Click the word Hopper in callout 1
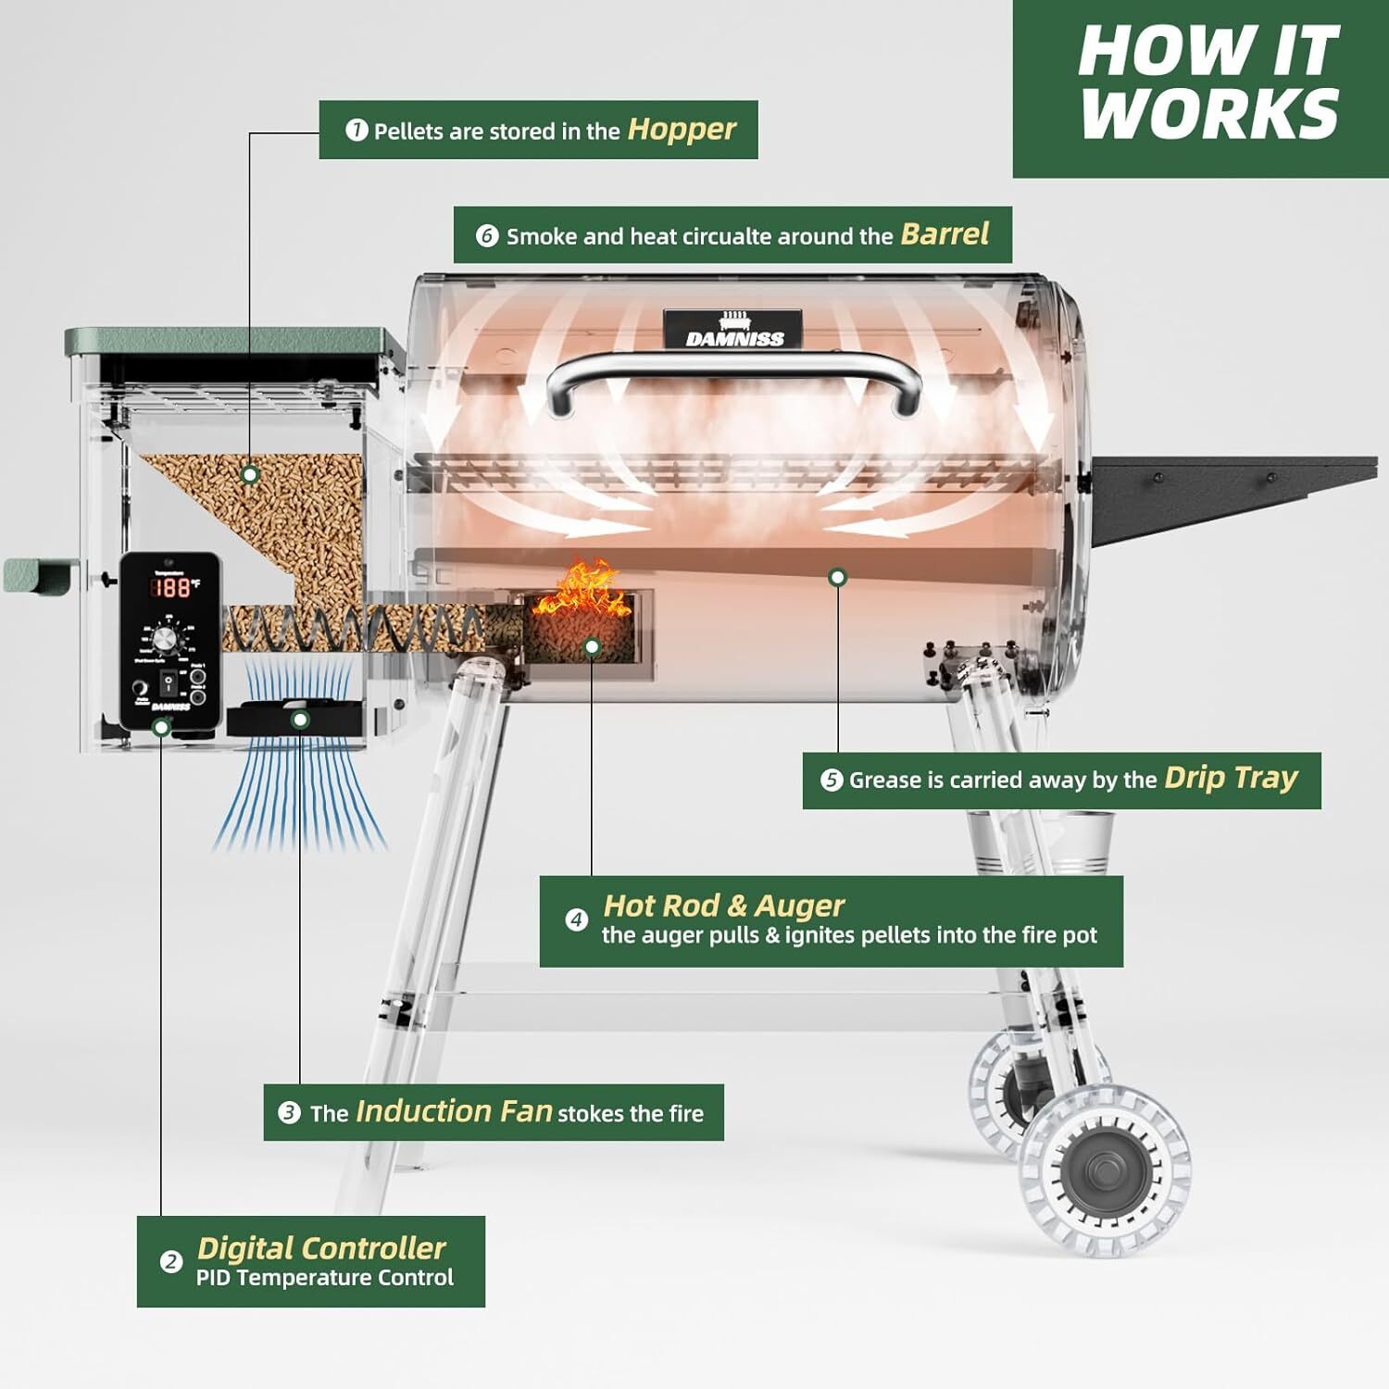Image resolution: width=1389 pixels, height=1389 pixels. point(682,130)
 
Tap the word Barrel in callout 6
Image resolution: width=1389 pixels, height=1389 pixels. point(945,234)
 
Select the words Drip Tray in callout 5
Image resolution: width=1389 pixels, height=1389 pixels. point(1231,779)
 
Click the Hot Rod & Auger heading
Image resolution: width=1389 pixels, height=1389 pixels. point(723,905)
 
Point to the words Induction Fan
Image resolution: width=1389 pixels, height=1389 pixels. point(454,1111)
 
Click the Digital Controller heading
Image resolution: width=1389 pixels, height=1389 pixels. point(321,1248)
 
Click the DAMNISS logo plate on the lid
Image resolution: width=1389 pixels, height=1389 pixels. point(735,329)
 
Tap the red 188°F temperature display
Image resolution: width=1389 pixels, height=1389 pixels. point(175,587)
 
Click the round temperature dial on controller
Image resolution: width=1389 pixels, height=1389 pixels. point(168,640)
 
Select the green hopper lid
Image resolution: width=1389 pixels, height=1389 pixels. point(231,342)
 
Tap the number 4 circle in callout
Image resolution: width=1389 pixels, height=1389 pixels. point(576,920)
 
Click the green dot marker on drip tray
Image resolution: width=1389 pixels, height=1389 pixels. point(837,577)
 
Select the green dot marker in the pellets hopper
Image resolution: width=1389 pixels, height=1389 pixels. point(249,474)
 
